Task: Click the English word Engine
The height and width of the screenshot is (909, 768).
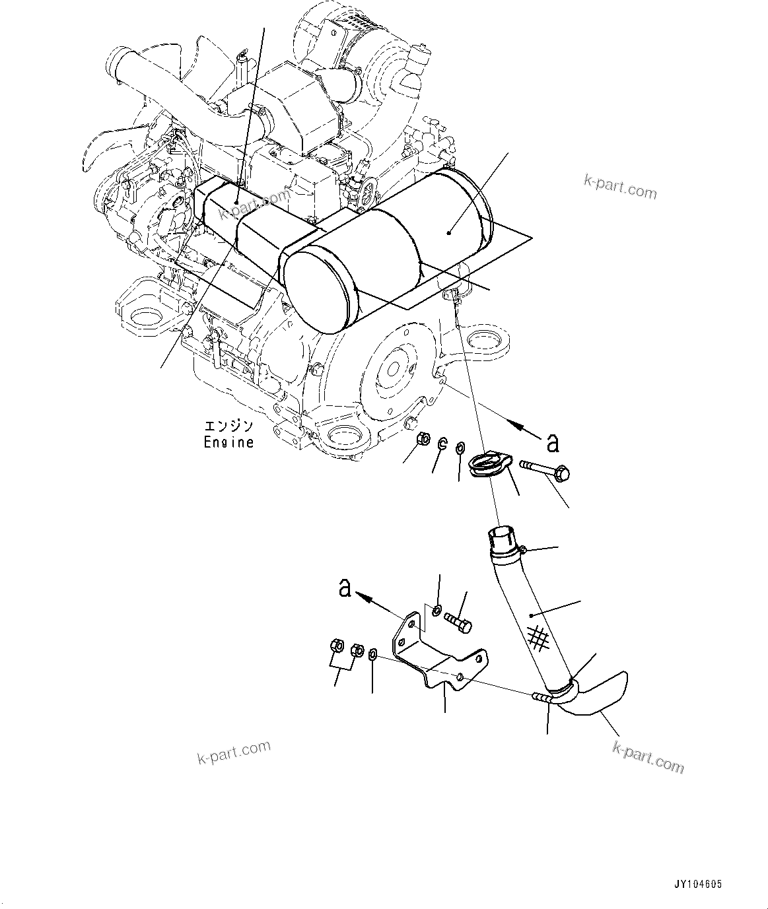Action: [x=228, y=442]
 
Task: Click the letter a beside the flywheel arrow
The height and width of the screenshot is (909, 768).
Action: [x=553, y=442]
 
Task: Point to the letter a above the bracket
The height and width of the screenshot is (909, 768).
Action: [x=345, y=587]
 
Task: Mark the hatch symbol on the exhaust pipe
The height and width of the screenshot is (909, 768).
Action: [x=539, y=637]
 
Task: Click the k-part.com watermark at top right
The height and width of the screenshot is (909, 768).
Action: [x=620, y=187]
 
